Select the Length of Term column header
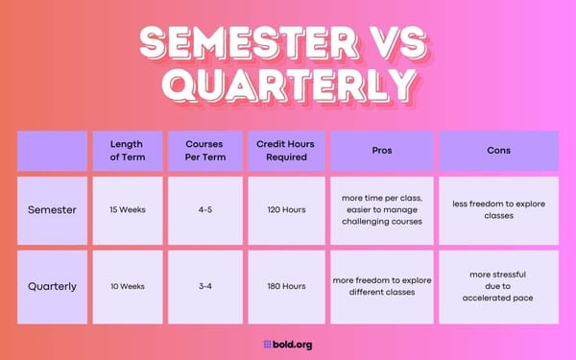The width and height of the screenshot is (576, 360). coord(128,151)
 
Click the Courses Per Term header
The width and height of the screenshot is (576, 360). coord(204,151)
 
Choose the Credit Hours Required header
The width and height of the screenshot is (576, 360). coord(285,151)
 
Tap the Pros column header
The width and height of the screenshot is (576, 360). coord(381,151)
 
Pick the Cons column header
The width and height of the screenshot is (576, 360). coord(497,151)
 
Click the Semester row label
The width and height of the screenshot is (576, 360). coord(53,209)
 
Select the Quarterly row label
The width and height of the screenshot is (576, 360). coord(53,285)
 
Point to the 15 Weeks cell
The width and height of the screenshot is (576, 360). coord(128,209)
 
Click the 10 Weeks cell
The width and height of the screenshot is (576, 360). coord(128,285)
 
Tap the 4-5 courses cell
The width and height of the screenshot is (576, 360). coord(204,209)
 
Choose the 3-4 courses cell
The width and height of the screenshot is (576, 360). coord(204,285)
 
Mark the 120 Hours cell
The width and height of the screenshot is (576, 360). coord(285,209)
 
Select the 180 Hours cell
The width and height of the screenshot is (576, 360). coord(285,285)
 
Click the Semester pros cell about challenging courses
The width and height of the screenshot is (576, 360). coord(381,209)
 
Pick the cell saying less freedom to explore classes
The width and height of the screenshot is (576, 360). coord(497,209)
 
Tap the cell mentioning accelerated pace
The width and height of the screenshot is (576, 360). coord(497,285)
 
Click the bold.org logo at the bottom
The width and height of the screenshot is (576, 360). coord(287,344)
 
